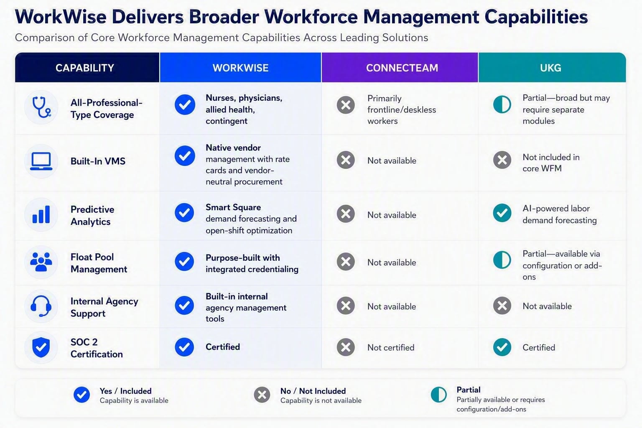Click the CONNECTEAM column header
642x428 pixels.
tap(402, 68)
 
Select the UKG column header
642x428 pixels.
tap(550, 68)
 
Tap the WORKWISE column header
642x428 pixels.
tap(240, 68)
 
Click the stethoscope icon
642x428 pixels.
tap(41, 107)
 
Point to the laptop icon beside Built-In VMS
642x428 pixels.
tap(41, 161)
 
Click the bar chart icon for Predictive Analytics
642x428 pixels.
tap(41, 214)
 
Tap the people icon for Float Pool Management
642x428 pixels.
tap(41, 262)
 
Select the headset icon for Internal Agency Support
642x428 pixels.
tap(41, 306)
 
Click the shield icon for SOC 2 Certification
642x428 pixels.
tap(41, 347)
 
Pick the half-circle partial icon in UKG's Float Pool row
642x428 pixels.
tap(502, 260)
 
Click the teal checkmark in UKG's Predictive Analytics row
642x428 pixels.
tap(502, 213)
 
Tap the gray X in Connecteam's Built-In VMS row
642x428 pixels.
tap(346, 160)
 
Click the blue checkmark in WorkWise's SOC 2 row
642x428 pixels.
tap(184, 347)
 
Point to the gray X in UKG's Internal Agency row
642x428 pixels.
tap(502, 306)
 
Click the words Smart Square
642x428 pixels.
tap(233, 207)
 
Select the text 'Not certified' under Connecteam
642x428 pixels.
tap(391, 347)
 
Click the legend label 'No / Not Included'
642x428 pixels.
tap(313, 391)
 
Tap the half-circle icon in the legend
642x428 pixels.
tap(439, 395)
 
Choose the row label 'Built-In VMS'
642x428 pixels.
tap(98, 161)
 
